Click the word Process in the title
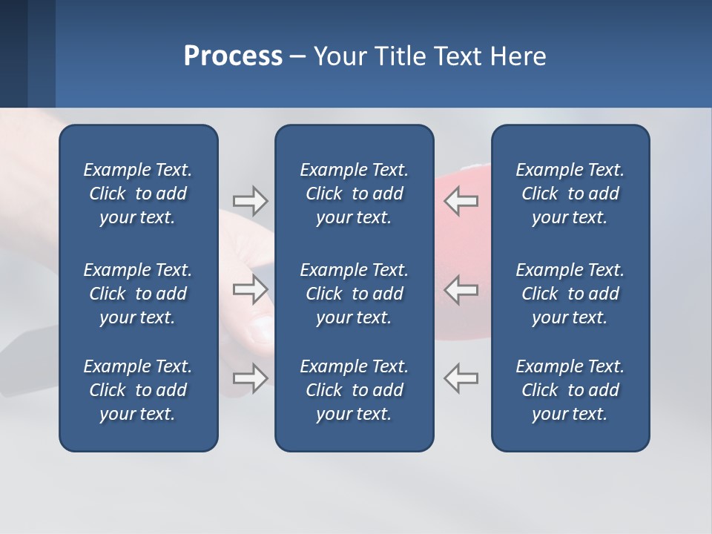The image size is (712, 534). click(233, 56)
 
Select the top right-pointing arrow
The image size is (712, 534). click(250, 201)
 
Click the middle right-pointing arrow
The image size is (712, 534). click(250, 290)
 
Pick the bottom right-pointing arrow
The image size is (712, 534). click(250, 378)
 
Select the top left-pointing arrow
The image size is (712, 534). click(461, 201)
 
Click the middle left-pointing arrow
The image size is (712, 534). click(461, 290)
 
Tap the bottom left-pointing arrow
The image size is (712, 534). click(461, 378)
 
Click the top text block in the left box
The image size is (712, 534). click(138, 194)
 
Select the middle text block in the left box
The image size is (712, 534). click(138, 294)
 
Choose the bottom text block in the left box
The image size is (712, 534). click(138, 390)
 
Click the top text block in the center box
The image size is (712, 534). click(354, 194)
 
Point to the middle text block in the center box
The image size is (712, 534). click(354, 294)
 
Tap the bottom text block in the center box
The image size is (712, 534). click(354, 390)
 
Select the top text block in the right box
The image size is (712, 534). click(570, 194)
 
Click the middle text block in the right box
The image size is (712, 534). click(570, 294)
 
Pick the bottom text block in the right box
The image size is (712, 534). click(570, 390)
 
